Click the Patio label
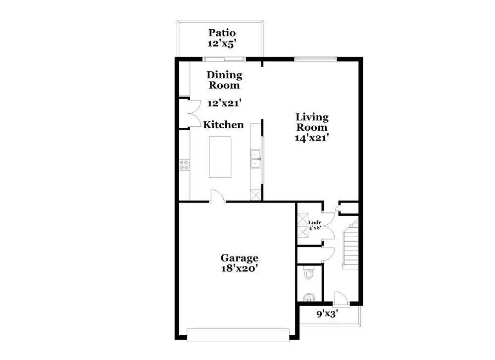(x=222, y=33)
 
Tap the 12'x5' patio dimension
(x=222, y=44)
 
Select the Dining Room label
(x=224, y=80)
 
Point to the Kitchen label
(x=223, y=124)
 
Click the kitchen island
(x=220, y=157)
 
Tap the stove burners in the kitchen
(x=184, y=165)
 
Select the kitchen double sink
(x=255, y=159)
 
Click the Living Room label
(x=312, y=122)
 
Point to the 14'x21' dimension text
(x=312, y=138)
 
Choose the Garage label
(x=239, y=257)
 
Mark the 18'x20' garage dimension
(x=239, y=268)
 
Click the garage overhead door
(x=238, y=335)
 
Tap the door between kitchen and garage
(x=217, y=196)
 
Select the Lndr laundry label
(x=315, y=223)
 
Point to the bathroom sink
(x=308, y=298)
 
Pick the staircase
(x=350, y=243)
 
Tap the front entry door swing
(x=341, y=298)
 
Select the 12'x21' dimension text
(x=224, y=103)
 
